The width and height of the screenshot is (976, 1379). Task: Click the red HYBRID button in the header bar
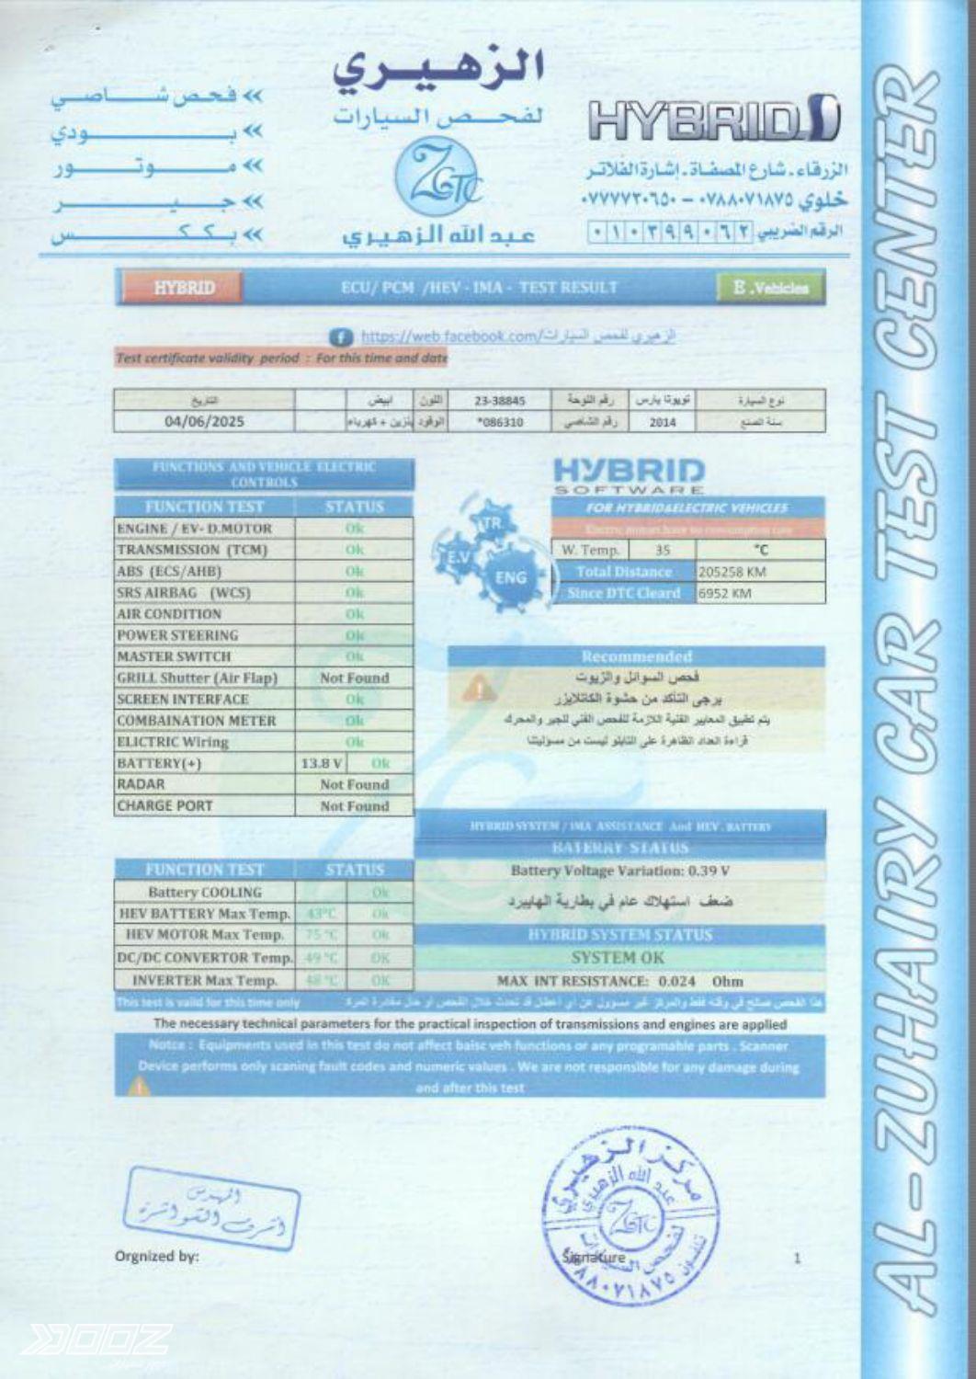[184, 288]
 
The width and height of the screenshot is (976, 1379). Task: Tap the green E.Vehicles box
[770, 288]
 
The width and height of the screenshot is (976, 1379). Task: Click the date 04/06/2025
[204, 422]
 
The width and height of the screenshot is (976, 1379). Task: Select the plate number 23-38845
[500, 401]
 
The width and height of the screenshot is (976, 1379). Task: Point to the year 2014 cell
[662, 422]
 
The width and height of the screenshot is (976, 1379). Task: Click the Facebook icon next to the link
[341, 337]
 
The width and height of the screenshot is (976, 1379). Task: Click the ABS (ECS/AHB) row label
[169, 571]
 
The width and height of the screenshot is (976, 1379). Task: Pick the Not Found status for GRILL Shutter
[355, 678]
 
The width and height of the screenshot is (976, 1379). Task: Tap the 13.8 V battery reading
[322, 763]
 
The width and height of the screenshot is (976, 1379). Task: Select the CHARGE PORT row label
[165, 805]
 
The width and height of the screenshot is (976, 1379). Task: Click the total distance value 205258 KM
[732, 572]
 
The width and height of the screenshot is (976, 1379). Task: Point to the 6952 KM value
[725, 593]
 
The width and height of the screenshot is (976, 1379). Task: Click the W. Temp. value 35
[663, 550]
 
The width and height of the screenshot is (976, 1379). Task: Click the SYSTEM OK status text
[618, 957]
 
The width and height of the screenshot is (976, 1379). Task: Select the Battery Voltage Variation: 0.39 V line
[620, 871]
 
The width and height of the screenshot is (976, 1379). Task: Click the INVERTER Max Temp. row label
[204, 980]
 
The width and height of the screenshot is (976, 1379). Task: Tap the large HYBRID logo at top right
[713, 120]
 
